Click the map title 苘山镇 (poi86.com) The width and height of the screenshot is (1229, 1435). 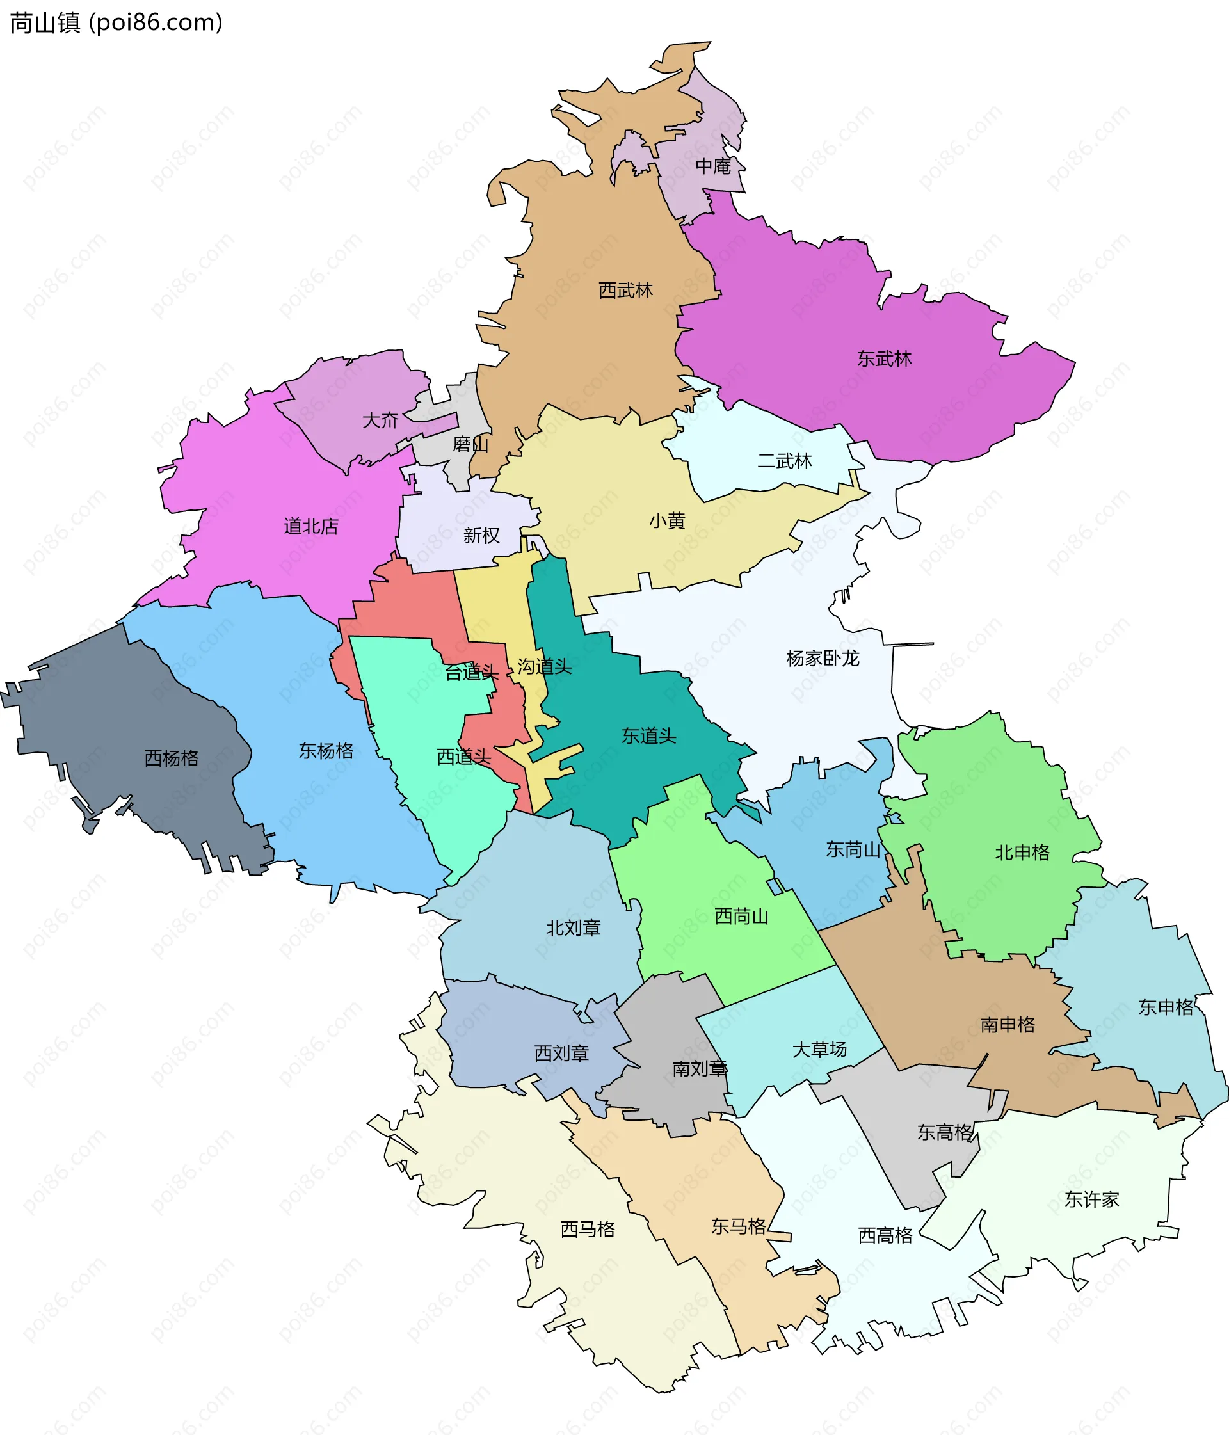pyautogui.click(x=116, y=23)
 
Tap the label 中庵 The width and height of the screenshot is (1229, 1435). pyautogui.click(x=713, y=166)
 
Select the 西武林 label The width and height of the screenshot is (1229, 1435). pyautogui.click(x=625, y=290)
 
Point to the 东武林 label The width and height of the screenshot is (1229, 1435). pyautogui.click(x=884, y=358)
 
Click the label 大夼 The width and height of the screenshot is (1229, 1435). pyautogui.click(x=380, y=421)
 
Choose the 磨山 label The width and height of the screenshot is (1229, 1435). pyautogui.click(x=470, y=444)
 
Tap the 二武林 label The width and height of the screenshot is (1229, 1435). pyautogui.click(x=784, y=461)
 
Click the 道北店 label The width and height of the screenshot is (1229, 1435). pyautogui.click(x=311, y=526)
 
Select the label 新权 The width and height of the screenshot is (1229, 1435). pyautogui.click(x=481, y=535)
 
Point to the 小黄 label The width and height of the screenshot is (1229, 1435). pyautogui.click(x=667, y=520)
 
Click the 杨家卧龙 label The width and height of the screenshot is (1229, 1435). pyautogui.click(x=823, y=658)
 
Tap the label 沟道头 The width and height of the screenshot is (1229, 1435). pyautogui.click(x=545, y=666)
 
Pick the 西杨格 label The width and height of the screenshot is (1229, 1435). pyautogui.click(x=171, y=758)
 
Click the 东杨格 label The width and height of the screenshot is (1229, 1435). pyautogui.click(x=326, y=750)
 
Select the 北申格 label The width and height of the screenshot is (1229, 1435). pyautogui.click(x=1022, y=852)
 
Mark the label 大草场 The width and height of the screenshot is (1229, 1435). pyautogui.click(x=819, y=1049)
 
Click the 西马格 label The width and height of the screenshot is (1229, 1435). pyautogui.click(x=588, y=1229)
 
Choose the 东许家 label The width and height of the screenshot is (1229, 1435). pyautogui.click(x=1091, y=1199)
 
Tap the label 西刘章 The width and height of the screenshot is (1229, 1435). pyautogui.click(x=561, y=1053)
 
